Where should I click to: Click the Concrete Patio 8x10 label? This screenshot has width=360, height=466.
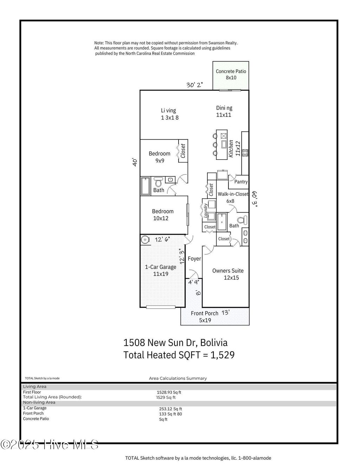click(231, 75)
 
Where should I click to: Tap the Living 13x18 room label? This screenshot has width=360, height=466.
click(170, 114)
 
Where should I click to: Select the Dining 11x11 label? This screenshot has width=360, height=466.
click(224, 111)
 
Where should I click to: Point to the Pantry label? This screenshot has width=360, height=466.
click(241, 182)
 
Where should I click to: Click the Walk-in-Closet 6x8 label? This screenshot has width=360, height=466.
click(232, 198)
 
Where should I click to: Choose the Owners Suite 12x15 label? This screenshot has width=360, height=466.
click(228, 274)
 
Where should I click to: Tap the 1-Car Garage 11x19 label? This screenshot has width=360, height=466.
click(161, 270)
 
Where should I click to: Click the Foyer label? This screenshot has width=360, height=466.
click(194, 259)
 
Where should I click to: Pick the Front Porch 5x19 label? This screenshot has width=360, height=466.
click(205, 317)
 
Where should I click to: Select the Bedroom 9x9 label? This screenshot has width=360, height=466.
click(159, 157)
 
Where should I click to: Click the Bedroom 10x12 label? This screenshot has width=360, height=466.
click(162, 215)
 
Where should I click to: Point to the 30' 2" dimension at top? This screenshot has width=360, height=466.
click(194, 85)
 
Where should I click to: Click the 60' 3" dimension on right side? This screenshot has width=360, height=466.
click(255, 200)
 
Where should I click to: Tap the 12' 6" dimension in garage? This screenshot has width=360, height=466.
click(162, 239)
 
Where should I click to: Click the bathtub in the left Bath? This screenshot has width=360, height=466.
click(145, 186)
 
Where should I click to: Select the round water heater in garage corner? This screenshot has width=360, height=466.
click(145, 240)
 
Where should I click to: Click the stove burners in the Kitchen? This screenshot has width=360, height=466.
click(245, 153)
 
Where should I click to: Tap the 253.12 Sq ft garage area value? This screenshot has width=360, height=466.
click(171, 409)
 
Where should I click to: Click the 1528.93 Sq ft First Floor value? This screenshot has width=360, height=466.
click(169, 392)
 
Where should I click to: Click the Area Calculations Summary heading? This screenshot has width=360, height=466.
click(178, 378)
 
